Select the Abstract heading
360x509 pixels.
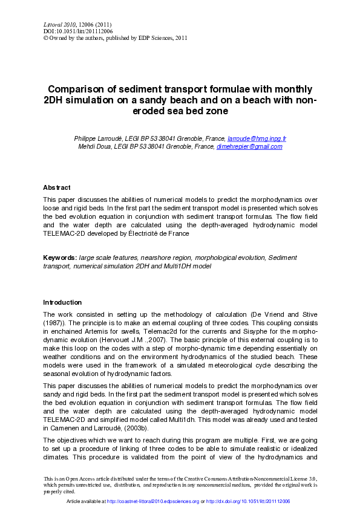click(x=56, y=187)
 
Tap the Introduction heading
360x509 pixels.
click(x=62, y=302)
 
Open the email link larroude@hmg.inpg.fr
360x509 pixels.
click(x=257, y=138)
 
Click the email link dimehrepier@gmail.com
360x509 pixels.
click(x=249, y=146)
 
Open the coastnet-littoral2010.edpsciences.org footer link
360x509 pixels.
click(x=152, y=502)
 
